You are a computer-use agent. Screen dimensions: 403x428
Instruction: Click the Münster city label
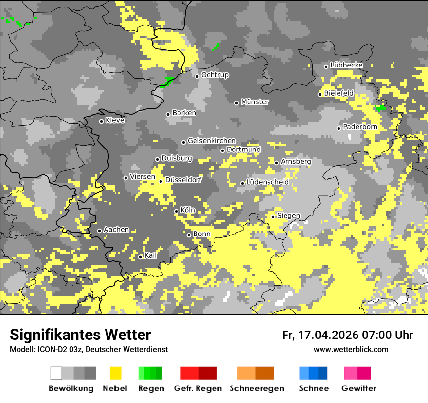click(x=255, y=102)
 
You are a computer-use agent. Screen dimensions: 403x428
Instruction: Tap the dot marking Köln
click(x=177, y=211)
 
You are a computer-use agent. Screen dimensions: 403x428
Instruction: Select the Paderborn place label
click(x=360, y=127)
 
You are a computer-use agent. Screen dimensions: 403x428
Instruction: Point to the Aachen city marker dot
click(x=100, y=231)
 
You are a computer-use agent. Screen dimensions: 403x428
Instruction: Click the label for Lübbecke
click(x=346, y=65)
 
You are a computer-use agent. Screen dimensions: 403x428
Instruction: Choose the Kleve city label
click(x=115, y=120)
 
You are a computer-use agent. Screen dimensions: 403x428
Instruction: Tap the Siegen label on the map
click(x=288, y=216)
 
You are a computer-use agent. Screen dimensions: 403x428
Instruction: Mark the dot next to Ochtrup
click(x=197, y=76)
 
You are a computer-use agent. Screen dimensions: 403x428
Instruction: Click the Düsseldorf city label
click(x=183, y=180)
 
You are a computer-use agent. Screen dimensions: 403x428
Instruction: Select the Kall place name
click(x=151, y=255)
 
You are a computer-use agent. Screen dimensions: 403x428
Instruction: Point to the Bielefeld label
click(x=339, y=93)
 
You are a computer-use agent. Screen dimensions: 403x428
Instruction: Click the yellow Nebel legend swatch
click(x=115, y=373)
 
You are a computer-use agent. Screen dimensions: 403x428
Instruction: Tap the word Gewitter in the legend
click(x=358, y=388)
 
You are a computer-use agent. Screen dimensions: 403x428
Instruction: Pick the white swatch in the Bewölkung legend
click(x=56, y=373)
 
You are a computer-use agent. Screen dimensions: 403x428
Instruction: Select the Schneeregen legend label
click(x=256, y=388)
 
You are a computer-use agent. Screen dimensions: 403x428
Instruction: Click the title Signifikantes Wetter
click(x=80, y=335)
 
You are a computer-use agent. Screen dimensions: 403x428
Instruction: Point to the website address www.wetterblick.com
click(x=351, y=349)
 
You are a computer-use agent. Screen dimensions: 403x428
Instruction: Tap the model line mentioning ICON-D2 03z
click(x=89, y=349)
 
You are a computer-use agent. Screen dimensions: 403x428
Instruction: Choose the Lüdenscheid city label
click(x=267, y=182)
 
